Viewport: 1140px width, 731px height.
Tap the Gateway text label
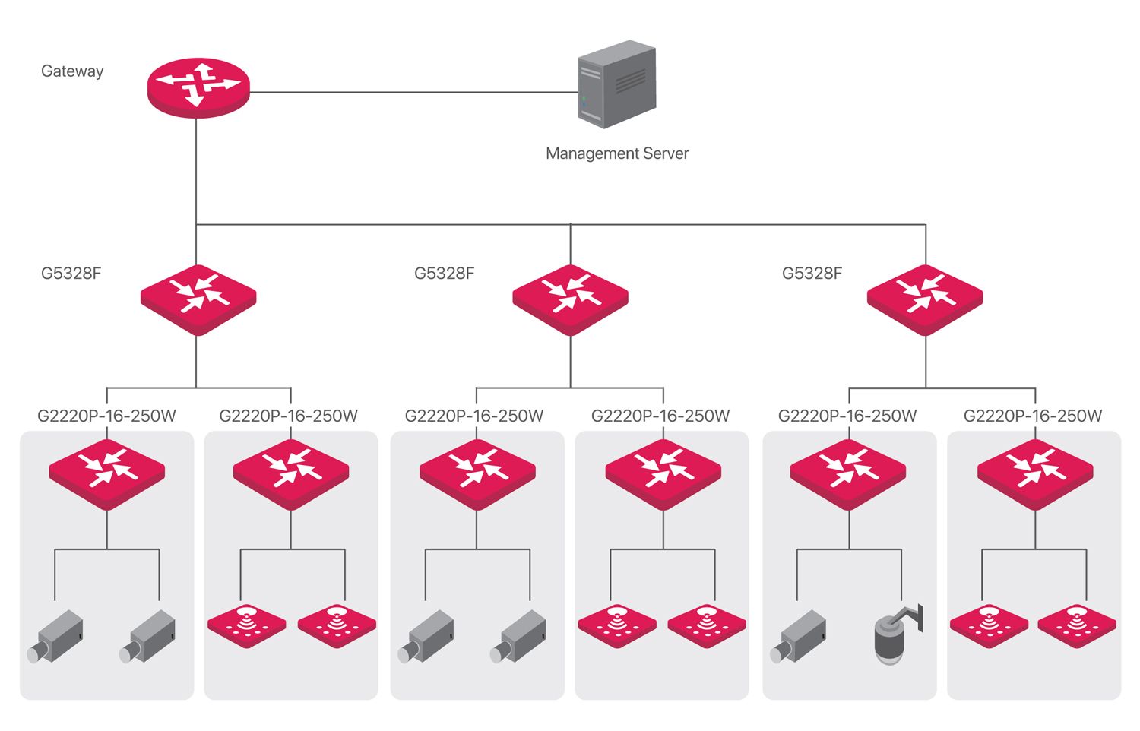(72, 71)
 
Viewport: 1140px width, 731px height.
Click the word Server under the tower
(666, 153)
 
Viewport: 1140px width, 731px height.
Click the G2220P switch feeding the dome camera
(848, 472)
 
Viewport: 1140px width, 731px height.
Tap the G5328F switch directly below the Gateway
(198, 299)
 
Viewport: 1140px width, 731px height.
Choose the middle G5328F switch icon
(570, 299)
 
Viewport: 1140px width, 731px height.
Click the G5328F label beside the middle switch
(444, 274)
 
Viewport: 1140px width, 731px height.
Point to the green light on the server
(584, 99)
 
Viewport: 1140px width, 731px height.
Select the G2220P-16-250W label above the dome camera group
(847, 416)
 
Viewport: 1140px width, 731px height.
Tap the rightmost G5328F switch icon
(925, 299)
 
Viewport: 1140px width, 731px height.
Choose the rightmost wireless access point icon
(1077, 625)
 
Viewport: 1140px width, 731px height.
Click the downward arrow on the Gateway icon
(195, 99)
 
